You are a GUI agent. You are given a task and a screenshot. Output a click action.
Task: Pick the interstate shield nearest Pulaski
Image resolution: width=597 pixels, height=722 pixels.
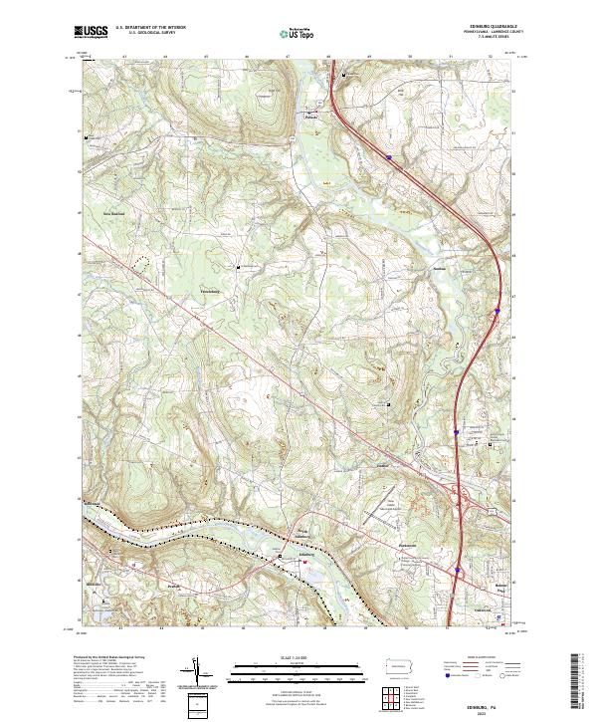[388, 155]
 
